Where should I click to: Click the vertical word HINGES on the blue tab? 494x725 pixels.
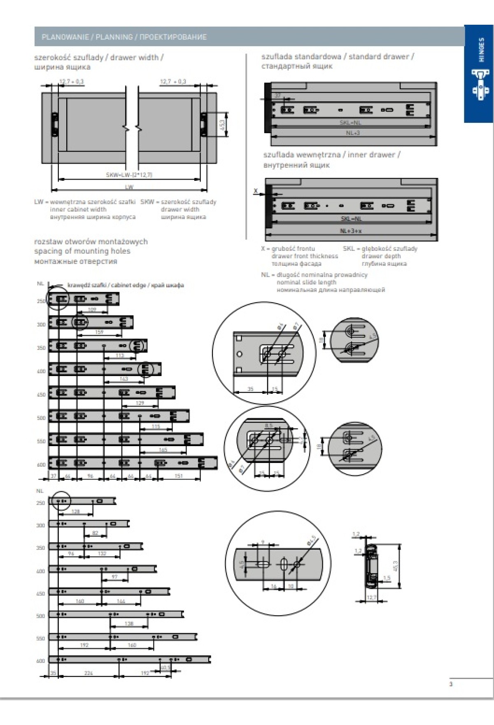(481, 50)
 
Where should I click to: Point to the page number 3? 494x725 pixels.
(451, 684)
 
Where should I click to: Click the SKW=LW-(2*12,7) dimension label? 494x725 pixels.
(129, 175)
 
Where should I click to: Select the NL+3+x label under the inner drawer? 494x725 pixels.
(351, 231)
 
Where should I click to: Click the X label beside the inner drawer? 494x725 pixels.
(256, 191)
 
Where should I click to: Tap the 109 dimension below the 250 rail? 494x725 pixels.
(92, 309)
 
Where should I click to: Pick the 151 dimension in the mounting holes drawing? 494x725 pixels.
(178, 476)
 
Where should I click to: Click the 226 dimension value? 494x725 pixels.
(89, 673)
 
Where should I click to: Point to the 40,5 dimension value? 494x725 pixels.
(165, 667)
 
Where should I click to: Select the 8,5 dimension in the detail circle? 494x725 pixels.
(268, 426)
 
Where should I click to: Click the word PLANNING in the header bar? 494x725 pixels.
(114, 37)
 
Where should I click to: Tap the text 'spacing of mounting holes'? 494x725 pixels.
(82, 251)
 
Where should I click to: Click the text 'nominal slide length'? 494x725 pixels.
(306, 282)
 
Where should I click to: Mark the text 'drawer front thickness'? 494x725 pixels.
(305, 256)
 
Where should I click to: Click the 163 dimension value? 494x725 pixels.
(123, 379)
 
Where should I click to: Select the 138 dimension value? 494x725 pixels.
(129, 624)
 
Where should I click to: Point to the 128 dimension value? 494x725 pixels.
(76, 512)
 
